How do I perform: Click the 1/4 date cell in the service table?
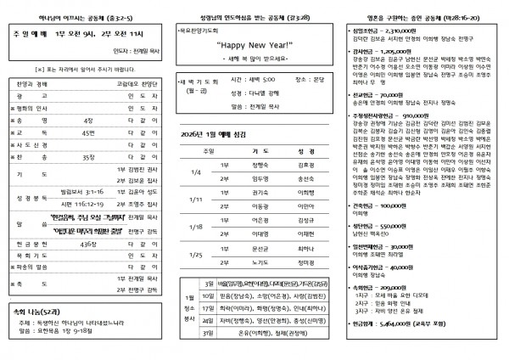[x=198, y=195]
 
